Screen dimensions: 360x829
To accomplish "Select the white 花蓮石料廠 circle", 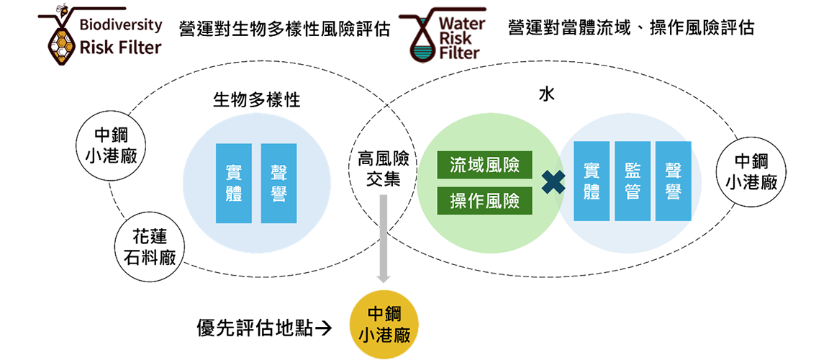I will point(149,247).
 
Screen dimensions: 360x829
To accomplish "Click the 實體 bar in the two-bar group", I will point(234,183).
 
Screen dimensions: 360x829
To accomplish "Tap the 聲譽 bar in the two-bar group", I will point(278,183).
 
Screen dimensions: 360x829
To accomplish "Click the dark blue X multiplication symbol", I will point(553,182).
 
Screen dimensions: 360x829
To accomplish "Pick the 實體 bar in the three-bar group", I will point(592,181).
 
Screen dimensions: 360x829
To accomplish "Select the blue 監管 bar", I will point(633,181).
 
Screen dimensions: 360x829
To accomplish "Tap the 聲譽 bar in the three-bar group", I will point(673,181).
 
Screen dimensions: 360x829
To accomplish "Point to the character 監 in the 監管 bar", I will point(633,171).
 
